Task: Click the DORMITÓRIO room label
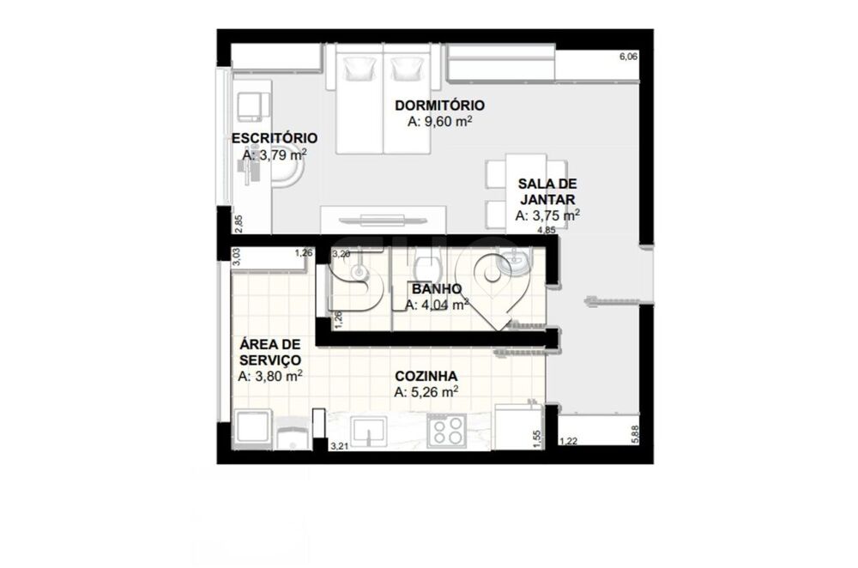tap(439, 106)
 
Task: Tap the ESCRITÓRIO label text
tap(275, 138)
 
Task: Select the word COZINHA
tap(425, 376)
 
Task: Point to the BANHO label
tap(437, 289)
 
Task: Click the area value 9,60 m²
tap(440, 122)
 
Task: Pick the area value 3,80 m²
tap(269, 376)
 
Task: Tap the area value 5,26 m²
tap(426, 392)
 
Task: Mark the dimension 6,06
tap(628, 57)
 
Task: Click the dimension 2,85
tap(239, 221)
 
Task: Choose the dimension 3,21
tap(341, 446)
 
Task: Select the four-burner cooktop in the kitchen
tap(446, 430)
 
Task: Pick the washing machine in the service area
tap(253, 429)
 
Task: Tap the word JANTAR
tap(547, 200)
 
